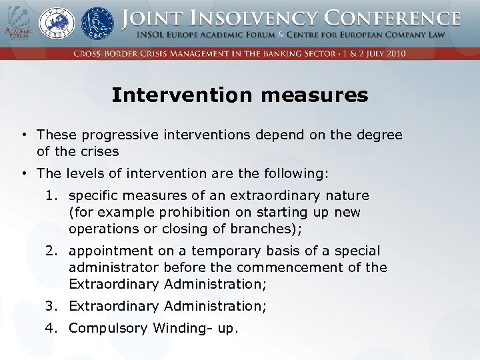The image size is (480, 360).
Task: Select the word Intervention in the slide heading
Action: pos(183,95)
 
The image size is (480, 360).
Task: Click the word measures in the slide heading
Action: pos(315,95)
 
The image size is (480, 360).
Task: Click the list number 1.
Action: pos(51,196)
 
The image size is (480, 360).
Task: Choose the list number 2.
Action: pos(51,251)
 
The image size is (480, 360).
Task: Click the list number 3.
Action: pos(51,307)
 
